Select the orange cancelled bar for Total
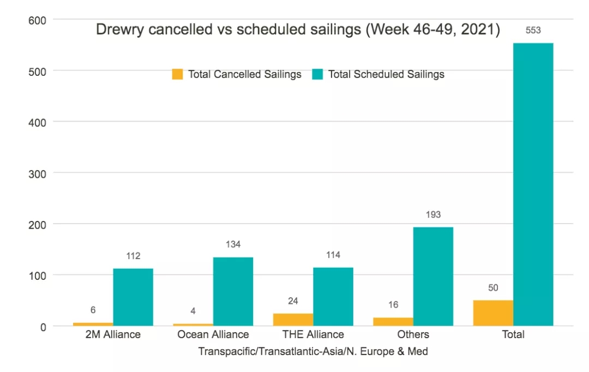(493, 313)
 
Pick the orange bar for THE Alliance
(293, 320)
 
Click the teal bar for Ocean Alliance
(233, 292)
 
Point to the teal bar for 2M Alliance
(133, 297)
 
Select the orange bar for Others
(393, 322)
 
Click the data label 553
(533, 31)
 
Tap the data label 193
(433, 215)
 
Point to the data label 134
(233, 244)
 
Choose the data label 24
(293, 301)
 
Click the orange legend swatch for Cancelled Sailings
(177, 74)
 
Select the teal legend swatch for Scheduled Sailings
(317, 74)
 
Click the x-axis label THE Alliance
(313, 334)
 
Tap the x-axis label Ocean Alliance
(213, 334)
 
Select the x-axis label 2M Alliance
(113, 334)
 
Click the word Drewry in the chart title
(117, 29)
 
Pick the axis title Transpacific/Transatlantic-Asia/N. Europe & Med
(313, 351)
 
